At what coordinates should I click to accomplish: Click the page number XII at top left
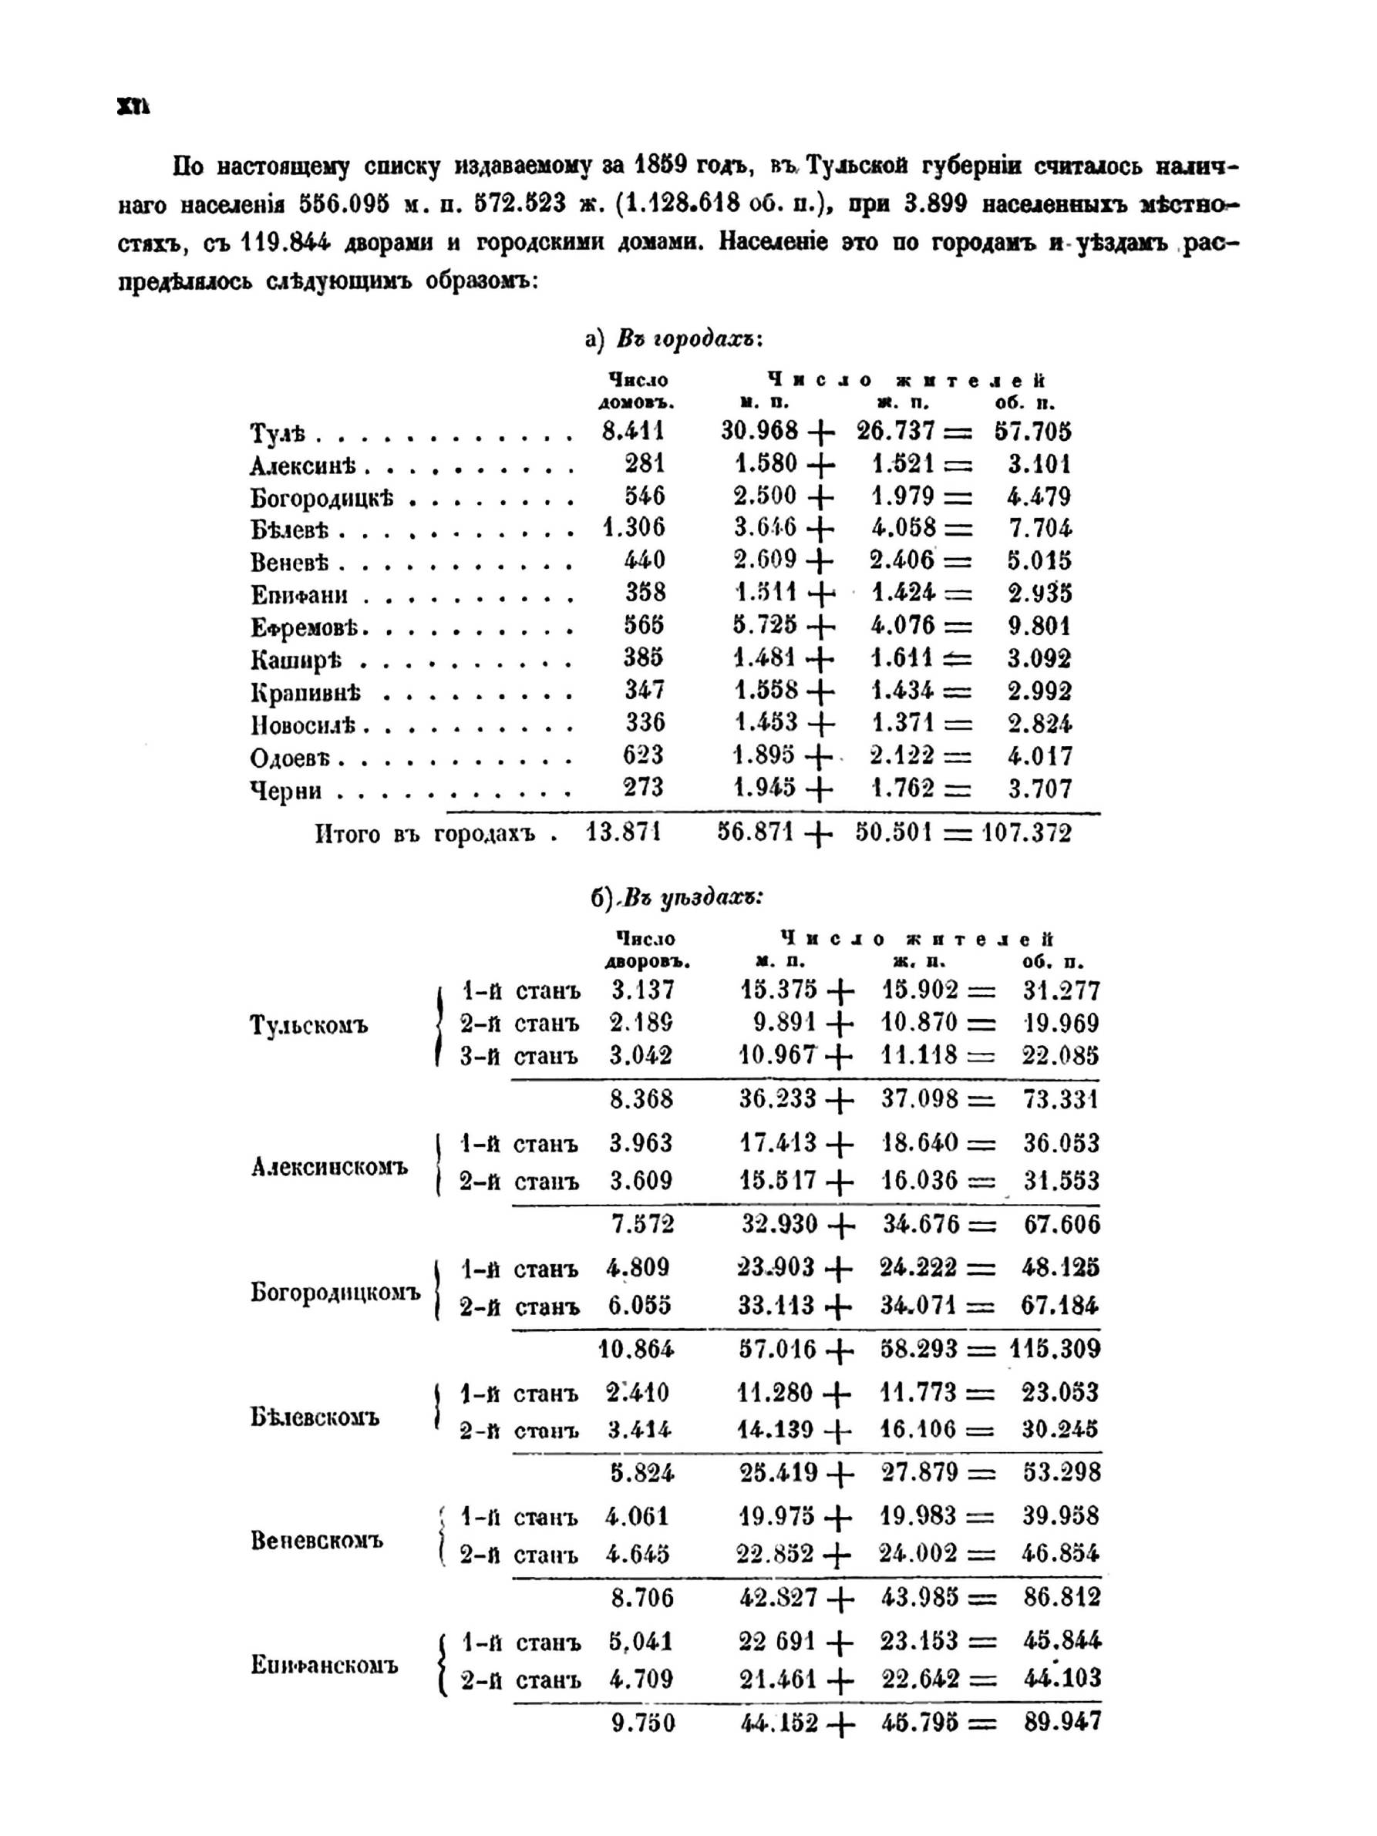pyautogui.click(x=133, y=106)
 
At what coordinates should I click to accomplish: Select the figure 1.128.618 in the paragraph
pyautogui.click(x=675, y=205)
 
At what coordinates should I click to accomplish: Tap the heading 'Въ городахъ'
pyautogui.click(x=689, y=341)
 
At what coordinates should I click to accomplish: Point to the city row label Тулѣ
pyautogui.click(x=278, y=433)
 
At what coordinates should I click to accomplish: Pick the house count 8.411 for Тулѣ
pyautogui.click(x=633, y=431)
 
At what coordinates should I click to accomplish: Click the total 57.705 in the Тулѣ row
pyautogui.click(x=1032, y=432)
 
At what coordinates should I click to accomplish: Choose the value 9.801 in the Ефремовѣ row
pyautogui.click(x=1039, y=626)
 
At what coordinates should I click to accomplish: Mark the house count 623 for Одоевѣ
pyautogui.click(x=643, y=755)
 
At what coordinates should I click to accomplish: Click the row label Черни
pyautogui.click(x=285, y=790)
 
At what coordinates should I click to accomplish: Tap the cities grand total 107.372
pyautogui.click(x=1027, y=832)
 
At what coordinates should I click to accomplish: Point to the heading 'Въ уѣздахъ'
pyautogui.click(x=694, y=898)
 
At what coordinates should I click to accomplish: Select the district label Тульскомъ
pyautogui.click(x=308, y=1026)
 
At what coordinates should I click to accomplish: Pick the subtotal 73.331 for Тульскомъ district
pyautogui.click(x=1060, y=1100)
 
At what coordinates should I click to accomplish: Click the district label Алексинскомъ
pyautogui.click(x=329, y=1167)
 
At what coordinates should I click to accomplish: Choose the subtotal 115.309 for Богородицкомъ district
pyautogui.click(x=1054, y=1349)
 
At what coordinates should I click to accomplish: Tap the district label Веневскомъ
pyautogui.click(x=316, y=1541)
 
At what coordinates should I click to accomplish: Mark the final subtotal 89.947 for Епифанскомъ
pyautogui.click(x=1062, y=1721)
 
